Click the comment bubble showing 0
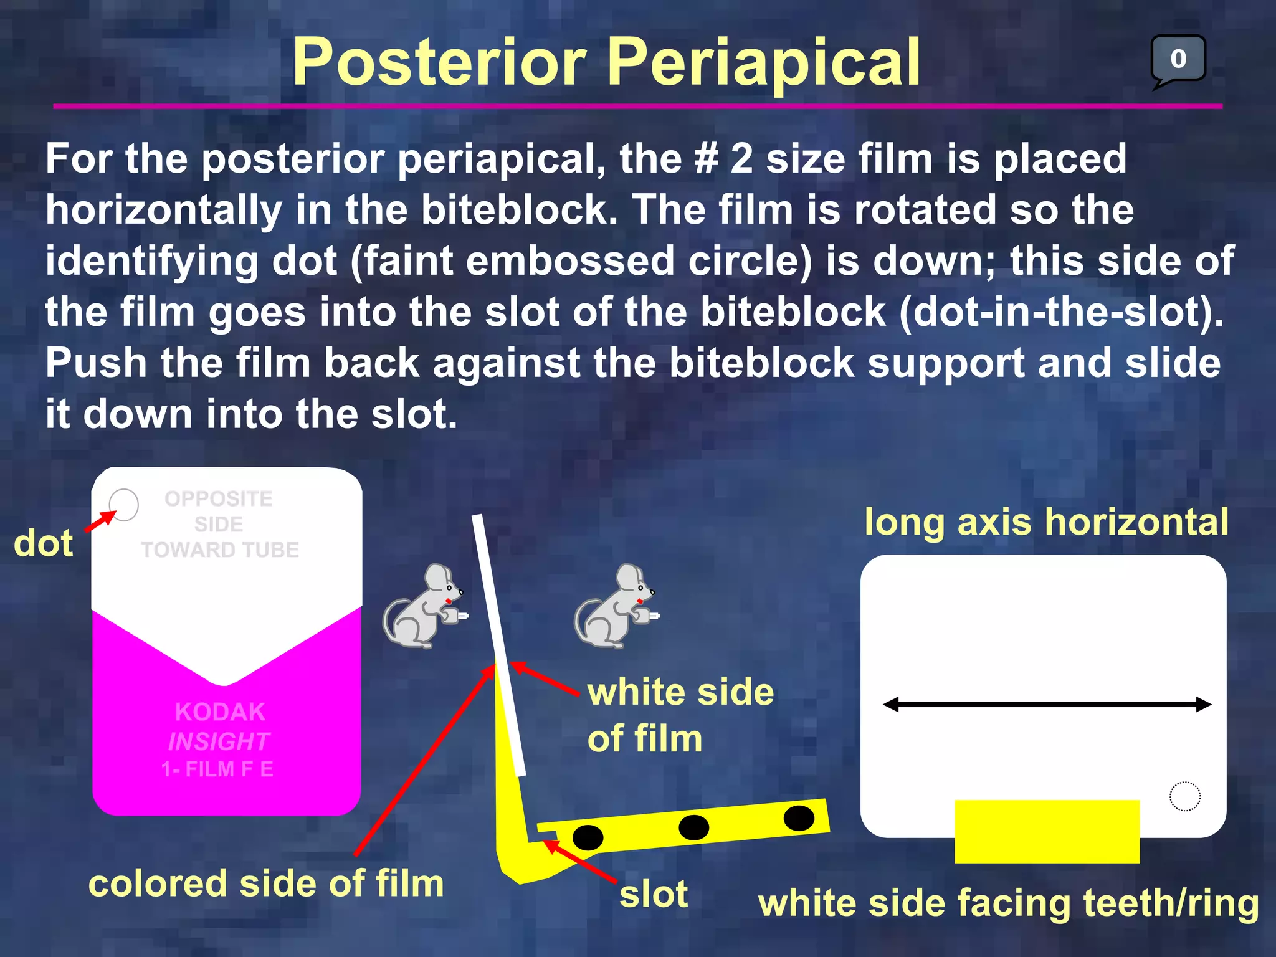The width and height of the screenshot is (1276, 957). [x=1178, y=59]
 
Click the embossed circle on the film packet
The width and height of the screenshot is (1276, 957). [x=123, y=505]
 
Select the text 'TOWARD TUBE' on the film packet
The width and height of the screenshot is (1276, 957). [x=220, y=550]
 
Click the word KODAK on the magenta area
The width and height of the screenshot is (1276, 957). [x=220, y=712]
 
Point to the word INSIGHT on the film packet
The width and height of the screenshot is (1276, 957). [x=219, y=741]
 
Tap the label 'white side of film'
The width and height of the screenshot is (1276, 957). [x=680, y=715]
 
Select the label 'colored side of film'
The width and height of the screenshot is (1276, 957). [x=266, y=883]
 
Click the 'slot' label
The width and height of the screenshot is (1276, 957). [x=654, y=895]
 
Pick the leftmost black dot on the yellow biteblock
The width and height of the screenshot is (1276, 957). [x=587, y=837]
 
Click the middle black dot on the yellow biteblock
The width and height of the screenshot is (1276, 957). [x=693, y=827]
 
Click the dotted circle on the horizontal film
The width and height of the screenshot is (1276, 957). [x=1184, y=796]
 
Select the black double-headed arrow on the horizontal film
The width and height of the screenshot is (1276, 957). [x=1047, y=705]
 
